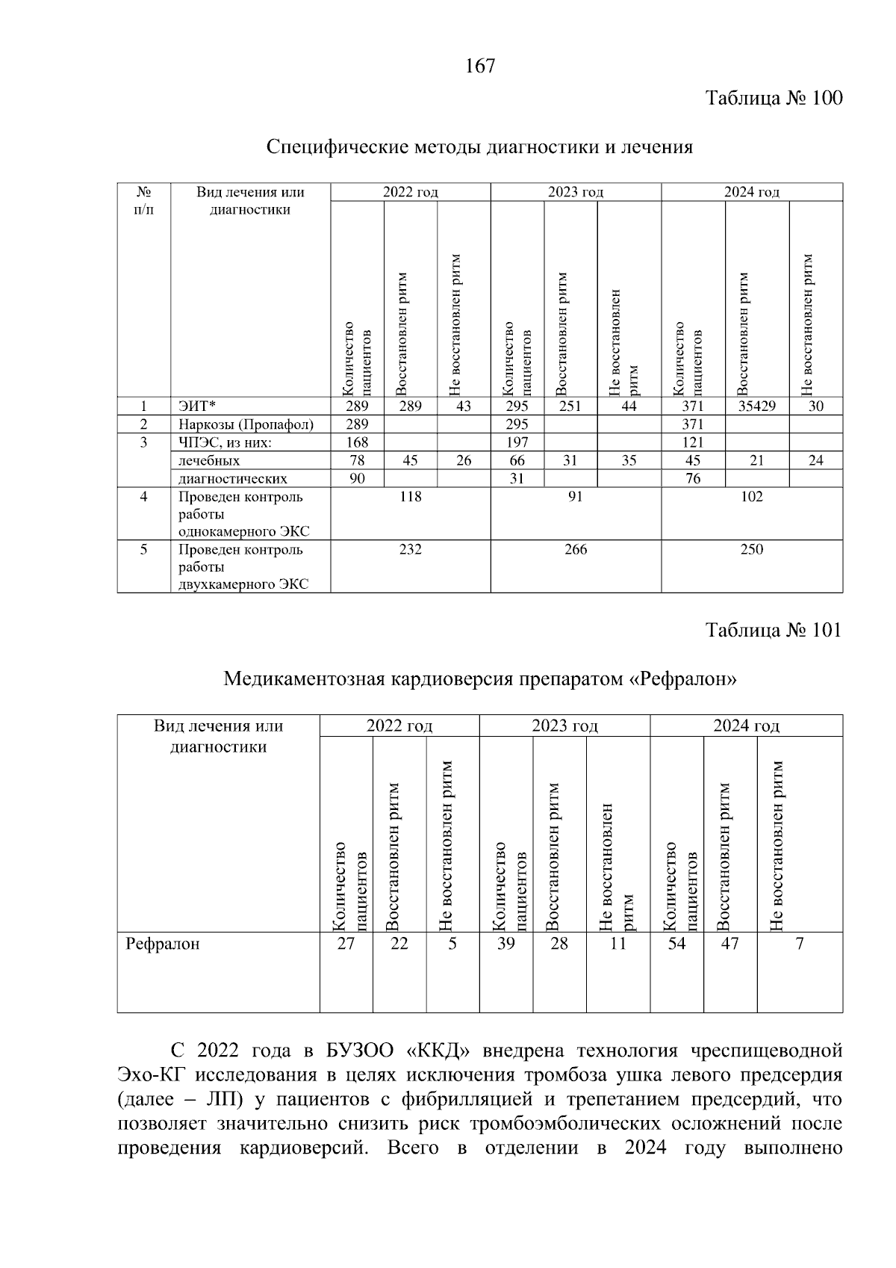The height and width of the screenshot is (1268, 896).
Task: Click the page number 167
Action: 480,67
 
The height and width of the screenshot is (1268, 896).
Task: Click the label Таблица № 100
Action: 774,98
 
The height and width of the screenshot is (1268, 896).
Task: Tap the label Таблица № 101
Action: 774,630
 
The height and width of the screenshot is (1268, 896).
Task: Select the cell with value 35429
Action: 756,406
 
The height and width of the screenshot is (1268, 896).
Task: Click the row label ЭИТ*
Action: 196,406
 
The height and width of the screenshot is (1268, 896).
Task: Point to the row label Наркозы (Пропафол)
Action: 246,424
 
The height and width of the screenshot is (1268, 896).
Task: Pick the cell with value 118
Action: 410,497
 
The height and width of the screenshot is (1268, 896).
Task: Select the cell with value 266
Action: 575,550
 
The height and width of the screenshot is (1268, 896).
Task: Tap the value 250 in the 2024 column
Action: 751,550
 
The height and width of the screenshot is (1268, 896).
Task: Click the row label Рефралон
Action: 163,944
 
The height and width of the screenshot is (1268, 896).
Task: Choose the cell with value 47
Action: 729,944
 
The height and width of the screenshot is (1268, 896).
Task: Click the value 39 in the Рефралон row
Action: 505,944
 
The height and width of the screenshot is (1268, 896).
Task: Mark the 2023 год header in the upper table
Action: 575,192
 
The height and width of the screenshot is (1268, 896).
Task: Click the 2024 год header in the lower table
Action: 746,726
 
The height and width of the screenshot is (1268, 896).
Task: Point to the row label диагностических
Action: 232,479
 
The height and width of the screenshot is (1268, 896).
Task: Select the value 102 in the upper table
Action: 751,497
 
